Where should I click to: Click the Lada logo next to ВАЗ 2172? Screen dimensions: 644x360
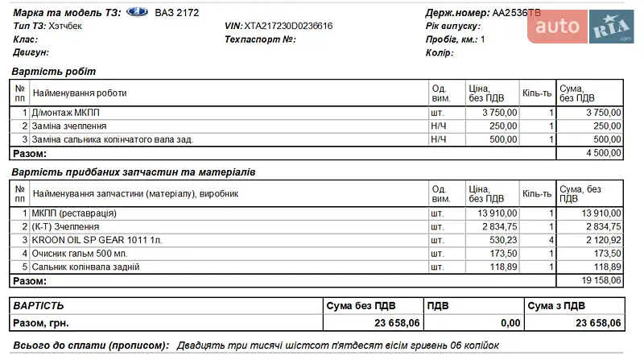point(138,13)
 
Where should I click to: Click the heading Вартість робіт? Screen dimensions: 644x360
point(53,72)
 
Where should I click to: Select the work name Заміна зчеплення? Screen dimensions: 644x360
point(69,126)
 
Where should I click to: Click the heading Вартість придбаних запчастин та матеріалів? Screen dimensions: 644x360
point(133,172)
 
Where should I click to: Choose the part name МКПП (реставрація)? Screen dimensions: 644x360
point(74,213)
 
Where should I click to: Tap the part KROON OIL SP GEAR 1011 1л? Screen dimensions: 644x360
point(97,240)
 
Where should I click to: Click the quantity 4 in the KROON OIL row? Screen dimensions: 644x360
point(551,240)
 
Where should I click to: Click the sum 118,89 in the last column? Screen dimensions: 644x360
point(606,267)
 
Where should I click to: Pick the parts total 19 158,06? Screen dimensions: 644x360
point(601,280)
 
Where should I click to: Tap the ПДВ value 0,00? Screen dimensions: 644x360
point(510,323)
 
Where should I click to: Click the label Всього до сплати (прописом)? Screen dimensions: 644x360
point(89,346)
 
